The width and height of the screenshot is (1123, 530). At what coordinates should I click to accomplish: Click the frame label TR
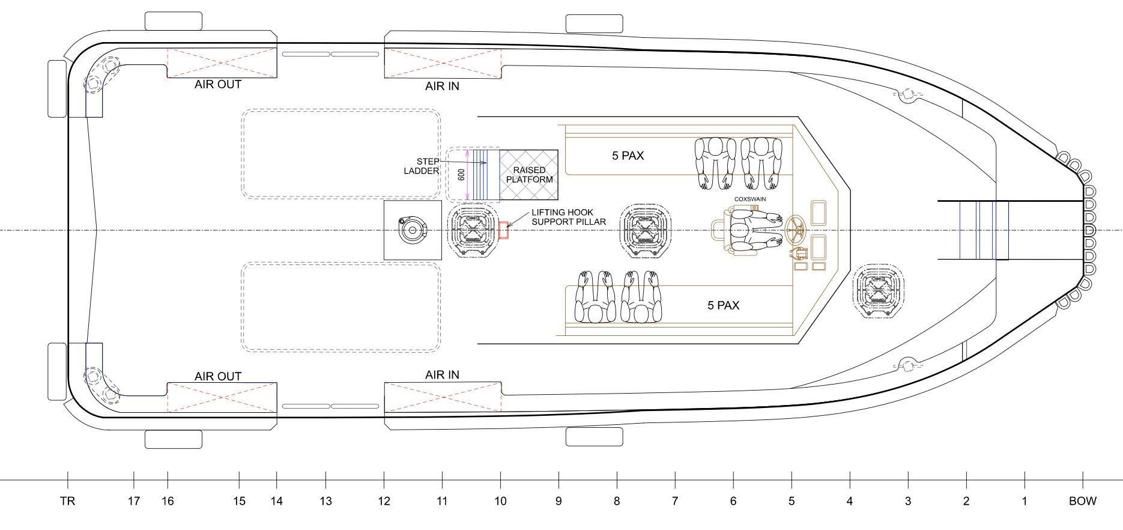pyautogui.click(x=67, y=501)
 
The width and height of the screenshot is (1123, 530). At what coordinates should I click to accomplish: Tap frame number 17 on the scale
pyautogui.click(x=134, y=501)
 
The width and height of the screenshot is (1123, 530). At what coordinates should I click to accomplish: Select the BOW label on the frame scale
pyautogui.click(x=1082, y=501)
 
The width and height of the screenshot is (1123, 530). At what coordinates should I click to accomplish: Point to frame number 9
pyautogui.click(x=558, y=501)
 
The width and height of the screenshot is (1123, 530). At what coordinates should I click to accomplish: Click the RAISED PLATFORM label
pyautogui.click(x=529, y=175)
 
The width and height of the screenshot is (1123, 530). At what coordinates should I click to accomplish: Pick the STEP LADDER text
pyautogui.click(x=422, y=166)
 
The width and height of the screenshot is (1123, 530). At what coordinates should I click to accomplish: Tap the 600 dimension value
pyautogui.click(x=461, y=175)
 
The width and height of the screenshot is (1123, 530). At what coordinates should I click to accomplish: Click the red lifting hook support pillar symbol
pyautogui.click(x=503, y=230)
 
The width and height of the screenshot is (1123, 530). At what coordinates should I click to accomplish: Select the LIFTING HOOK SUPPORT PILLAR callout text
pyautogui.click(x=568, y=217)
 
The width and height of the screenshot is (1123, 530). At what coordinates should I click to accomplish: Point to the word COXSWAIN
pyautogui.click(x=750, y=199)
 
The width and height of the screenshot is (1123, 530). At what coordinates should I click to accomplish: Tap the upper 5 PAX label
pyautogui.click(x=628, y=156)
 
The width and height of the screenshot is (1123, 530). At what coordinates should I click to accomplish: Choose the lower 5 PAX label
pyautogui.click(x=723, y=305)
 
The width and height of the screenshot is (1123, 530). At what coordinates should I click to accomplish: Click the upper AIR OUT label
pyautogui.click(x=218, y=85)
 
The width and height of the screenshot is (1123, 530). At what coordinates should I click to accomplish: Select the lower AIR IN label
pyautogui.click(x=442, y=375)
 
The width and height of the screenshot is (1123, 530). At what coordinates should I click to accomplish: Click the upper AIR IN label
pyautogui.click(x=442, y=87)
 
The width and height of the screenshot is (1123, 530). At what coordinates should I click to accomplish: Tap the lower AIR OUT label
pyautogui.click(x=218, y=377)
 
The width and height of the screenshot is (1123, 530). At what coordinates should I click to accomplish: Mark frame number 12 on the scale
pyautogui.click(x=384, y=501)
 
